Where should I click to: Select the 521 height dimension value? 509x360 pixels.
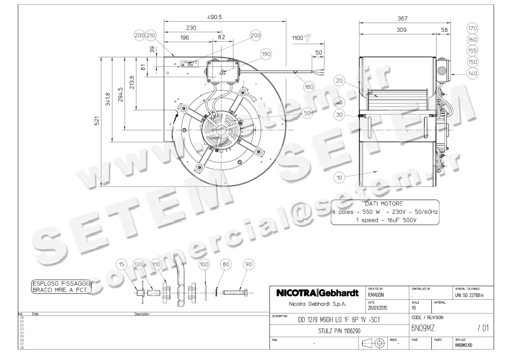click(97, 121)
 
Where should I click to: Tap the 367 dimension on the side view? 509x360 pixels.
click(402, 18)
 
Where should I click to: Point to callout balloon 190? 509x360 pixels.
click(266, 54)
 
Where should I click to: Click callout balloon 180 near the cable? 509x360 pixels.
click(309, 87)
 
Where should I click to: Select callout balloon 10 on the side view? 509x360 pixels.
click(339, 178)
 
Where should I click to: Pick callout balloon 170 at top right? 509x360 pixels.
click(472, 28)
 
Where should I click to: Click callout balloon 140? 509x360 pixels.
click(472, 73)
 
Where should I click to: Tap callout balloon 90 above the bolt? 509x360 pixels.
click(249, 265)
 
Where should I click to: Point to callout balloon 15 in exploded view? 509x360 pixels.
click(122, 265)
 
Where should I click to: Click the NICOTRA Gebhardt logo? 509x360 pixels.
click(317, 293)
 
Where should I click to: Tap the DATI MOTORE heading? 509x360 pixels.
click(384, 203)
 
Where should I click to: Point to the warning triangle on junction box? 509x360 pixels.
click(222, 73)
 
